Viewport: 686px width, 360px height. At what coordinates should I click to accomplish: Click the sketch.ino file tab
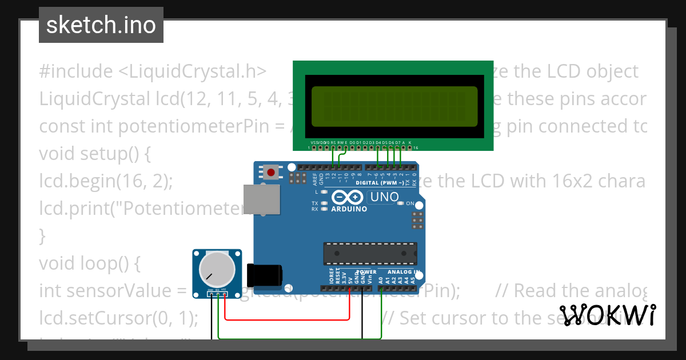pyautogui.click(x=101, y=25)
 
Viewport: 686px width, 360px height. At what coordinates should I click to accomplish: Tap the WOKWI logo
pyautogui.click(x=608, y=315)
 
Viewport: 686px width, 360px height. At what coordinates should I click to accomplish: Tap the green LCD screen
pyautogui.click(x=392, y=106)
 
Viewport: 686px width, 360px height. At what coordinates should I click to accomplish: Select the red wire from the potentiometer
pyautogui.click(x=286, y=319)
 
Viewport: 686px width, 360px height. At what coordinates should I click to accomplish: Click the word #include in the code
pyautogui.click(x=76, y=71)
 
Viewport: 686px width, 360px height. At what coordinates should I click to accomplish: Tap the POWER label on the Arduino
pyautogui.click(x=366, y=272)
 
